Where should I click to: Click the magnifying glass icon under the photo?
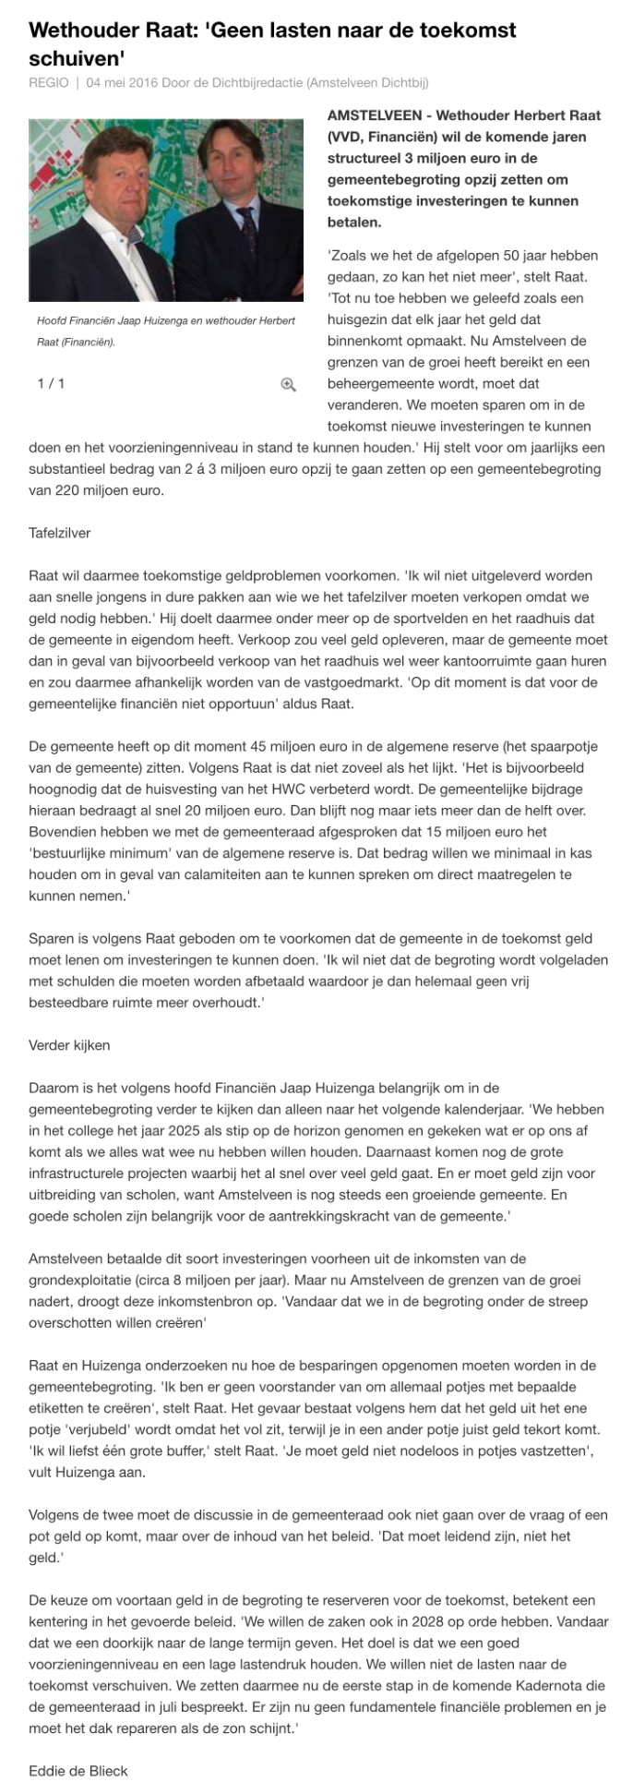(x=288, y=384)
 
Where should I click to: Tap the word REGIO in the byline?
(x=48, y=83)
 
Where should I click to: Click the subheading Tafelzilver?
(x=60, y=533)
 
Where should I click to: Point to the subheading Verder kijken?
(x=69, y=1045)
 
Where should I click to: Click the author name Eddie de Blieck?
(x=78, y=1770)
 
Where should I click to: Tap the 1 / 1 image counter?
(x=51, y=383)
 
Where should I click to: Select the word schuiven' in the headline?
(x=77, y=58)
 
